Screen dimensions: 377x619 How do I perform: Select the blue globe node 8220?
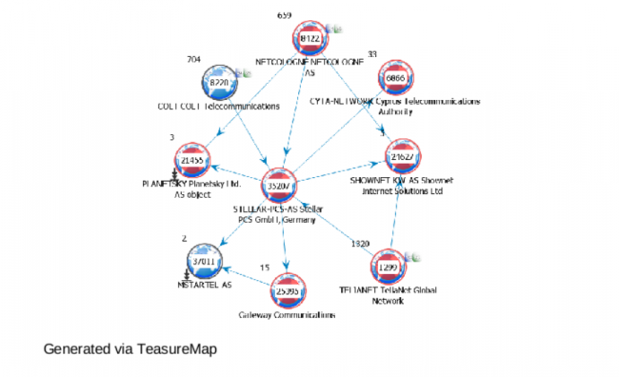219,83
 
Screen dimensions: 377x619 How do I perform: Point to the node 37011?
207,261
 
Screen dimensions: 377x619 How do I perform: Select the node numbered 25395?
289,289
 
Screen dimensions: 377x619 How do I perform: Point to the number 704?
193,59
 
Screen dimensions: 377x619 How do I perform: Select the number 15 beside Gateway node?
264,268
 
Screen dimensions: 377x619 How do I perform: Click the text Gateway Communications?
287,314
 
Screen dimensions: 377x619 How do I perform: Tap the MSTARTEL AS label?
206,285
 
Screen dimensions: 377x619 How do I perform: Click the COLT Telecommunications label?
219,107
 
